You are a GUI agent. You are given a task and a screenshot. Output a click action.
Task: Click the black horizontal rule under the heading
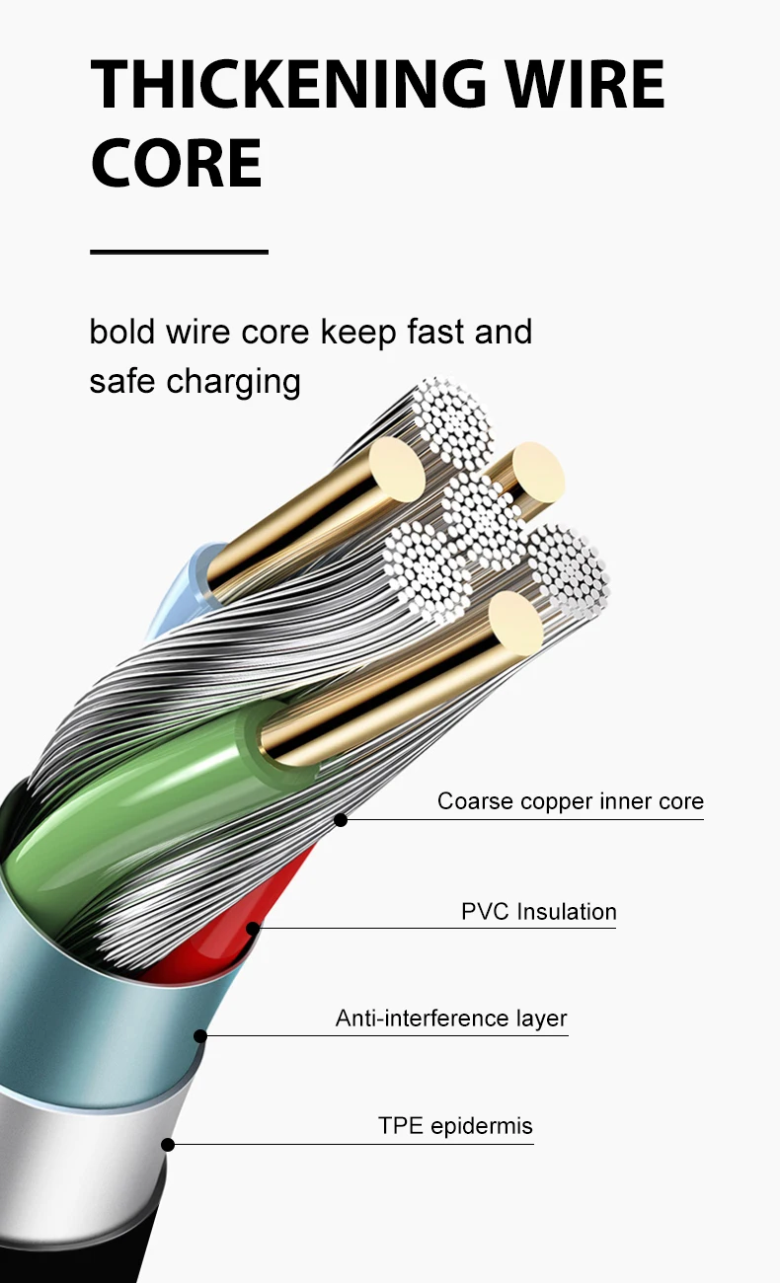point(179,252)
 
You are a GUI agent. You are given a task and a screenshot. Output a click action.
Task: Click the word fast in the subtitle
point(435,332)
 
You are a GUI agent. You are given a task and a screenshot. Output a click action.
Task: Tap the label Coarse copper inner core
point(570,800)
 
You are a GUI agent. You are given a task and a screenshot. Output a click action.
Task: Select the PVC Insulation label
point(538,911)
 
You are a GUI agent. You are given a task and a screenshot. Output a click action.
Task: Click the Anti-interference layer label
point(451,1018)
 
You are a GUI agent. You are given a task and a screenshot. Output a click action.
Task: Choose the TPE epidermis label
point(455,1125)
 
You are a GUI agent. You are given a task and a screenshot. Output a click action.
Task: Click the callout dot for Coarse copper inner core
point(341,819)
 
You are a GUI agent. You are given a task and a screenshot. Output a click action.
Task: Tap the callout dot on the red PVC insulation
point(253,928)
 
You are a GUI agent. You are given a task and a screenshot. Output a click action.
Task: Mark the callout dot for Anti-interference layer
point(200,1035)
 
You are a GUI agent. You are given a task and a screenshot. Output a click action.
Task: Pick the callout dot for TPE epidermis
point(168,1144)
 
